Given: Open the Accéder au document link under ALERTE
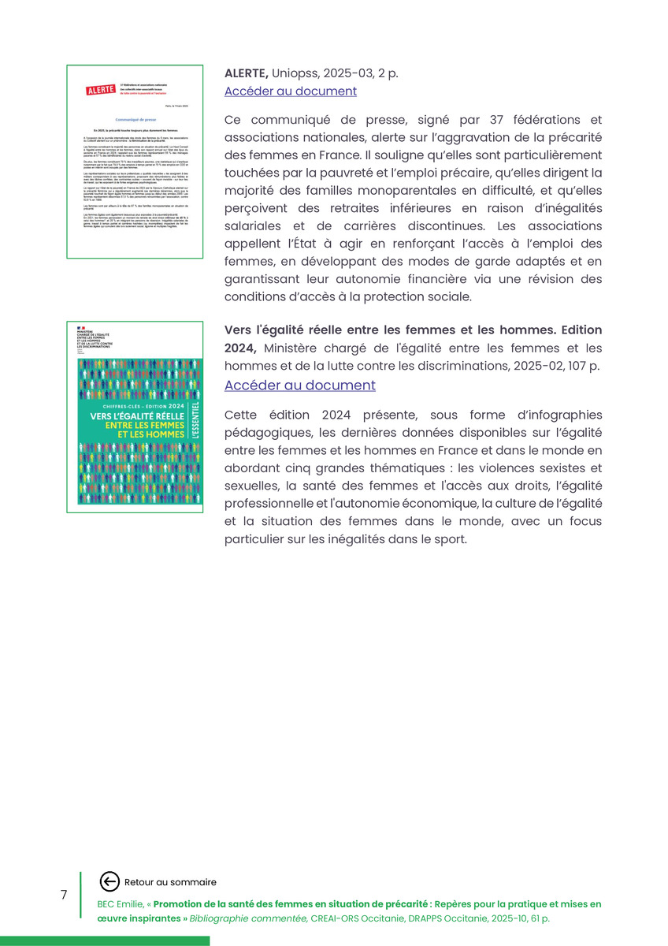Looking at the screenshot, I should pos(290,91).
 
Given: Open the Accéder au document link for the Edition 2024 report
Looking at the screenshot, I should pos(299,385).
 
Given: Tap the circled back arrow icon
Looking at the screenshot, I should pos(109,882).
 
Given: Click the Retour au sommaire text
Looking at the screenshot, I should pos(170,882).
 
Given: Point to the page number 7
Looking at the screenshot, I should pos(64,895).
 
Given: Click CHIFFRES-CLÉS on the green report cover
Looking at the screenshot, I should pos(119,406).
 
